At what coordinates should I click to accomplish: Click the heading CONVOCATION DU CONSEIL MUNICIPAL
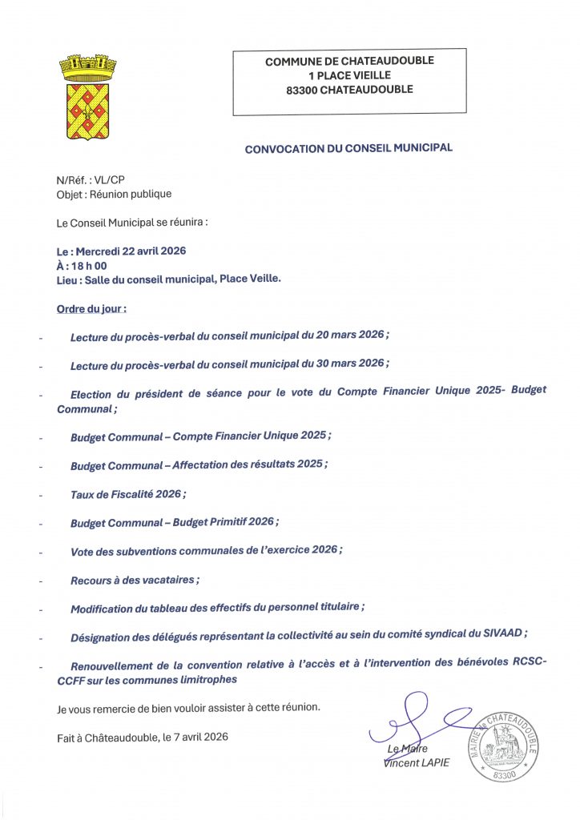348,148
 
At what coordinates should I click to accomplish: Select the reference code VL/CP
107,181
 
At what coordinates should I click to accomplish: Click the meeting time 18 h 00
91,265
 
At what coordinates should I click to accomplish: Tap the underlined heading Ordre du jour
91,307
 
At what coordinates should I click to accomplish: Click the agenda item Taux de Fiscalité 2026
128,494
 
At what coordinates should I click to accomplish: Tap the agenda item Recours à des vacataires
135,580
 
